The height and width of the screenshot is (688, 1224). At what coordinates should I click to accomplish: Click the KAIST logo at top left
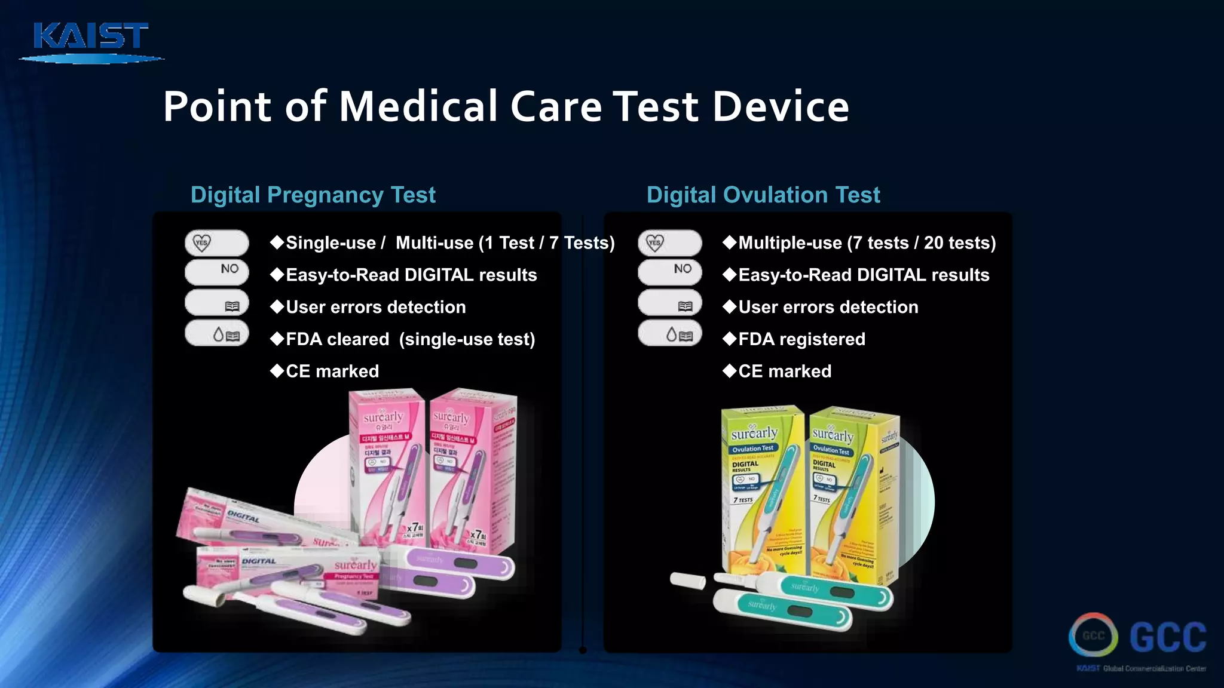click(91, 41)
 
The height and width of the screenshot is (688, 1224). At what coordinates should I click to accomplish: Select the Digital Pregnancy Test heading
click(313, 195)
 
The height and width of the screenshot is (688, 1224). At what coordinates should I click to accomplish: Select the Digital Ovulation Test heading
click(763, 195)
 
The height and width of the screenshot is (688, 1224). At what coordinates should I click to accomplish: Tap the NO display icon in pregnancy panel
click(217, 271)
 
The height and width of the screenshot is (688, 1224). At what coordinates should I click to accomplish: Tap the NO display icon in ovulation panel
click(670, 271)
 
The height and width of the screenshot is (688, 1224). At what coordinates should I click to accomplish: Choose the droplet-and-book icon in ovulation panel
click(670, 334)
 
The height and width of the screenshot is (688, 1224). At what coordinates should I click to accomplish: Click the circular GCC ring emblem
click(1093, 635)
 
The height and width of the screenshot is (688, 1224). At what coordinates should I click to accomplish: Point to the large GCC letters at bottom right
click(1168, 637)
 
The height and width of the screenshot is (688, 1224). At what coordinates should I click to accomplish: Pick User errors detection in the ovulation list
click(828, 307)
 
